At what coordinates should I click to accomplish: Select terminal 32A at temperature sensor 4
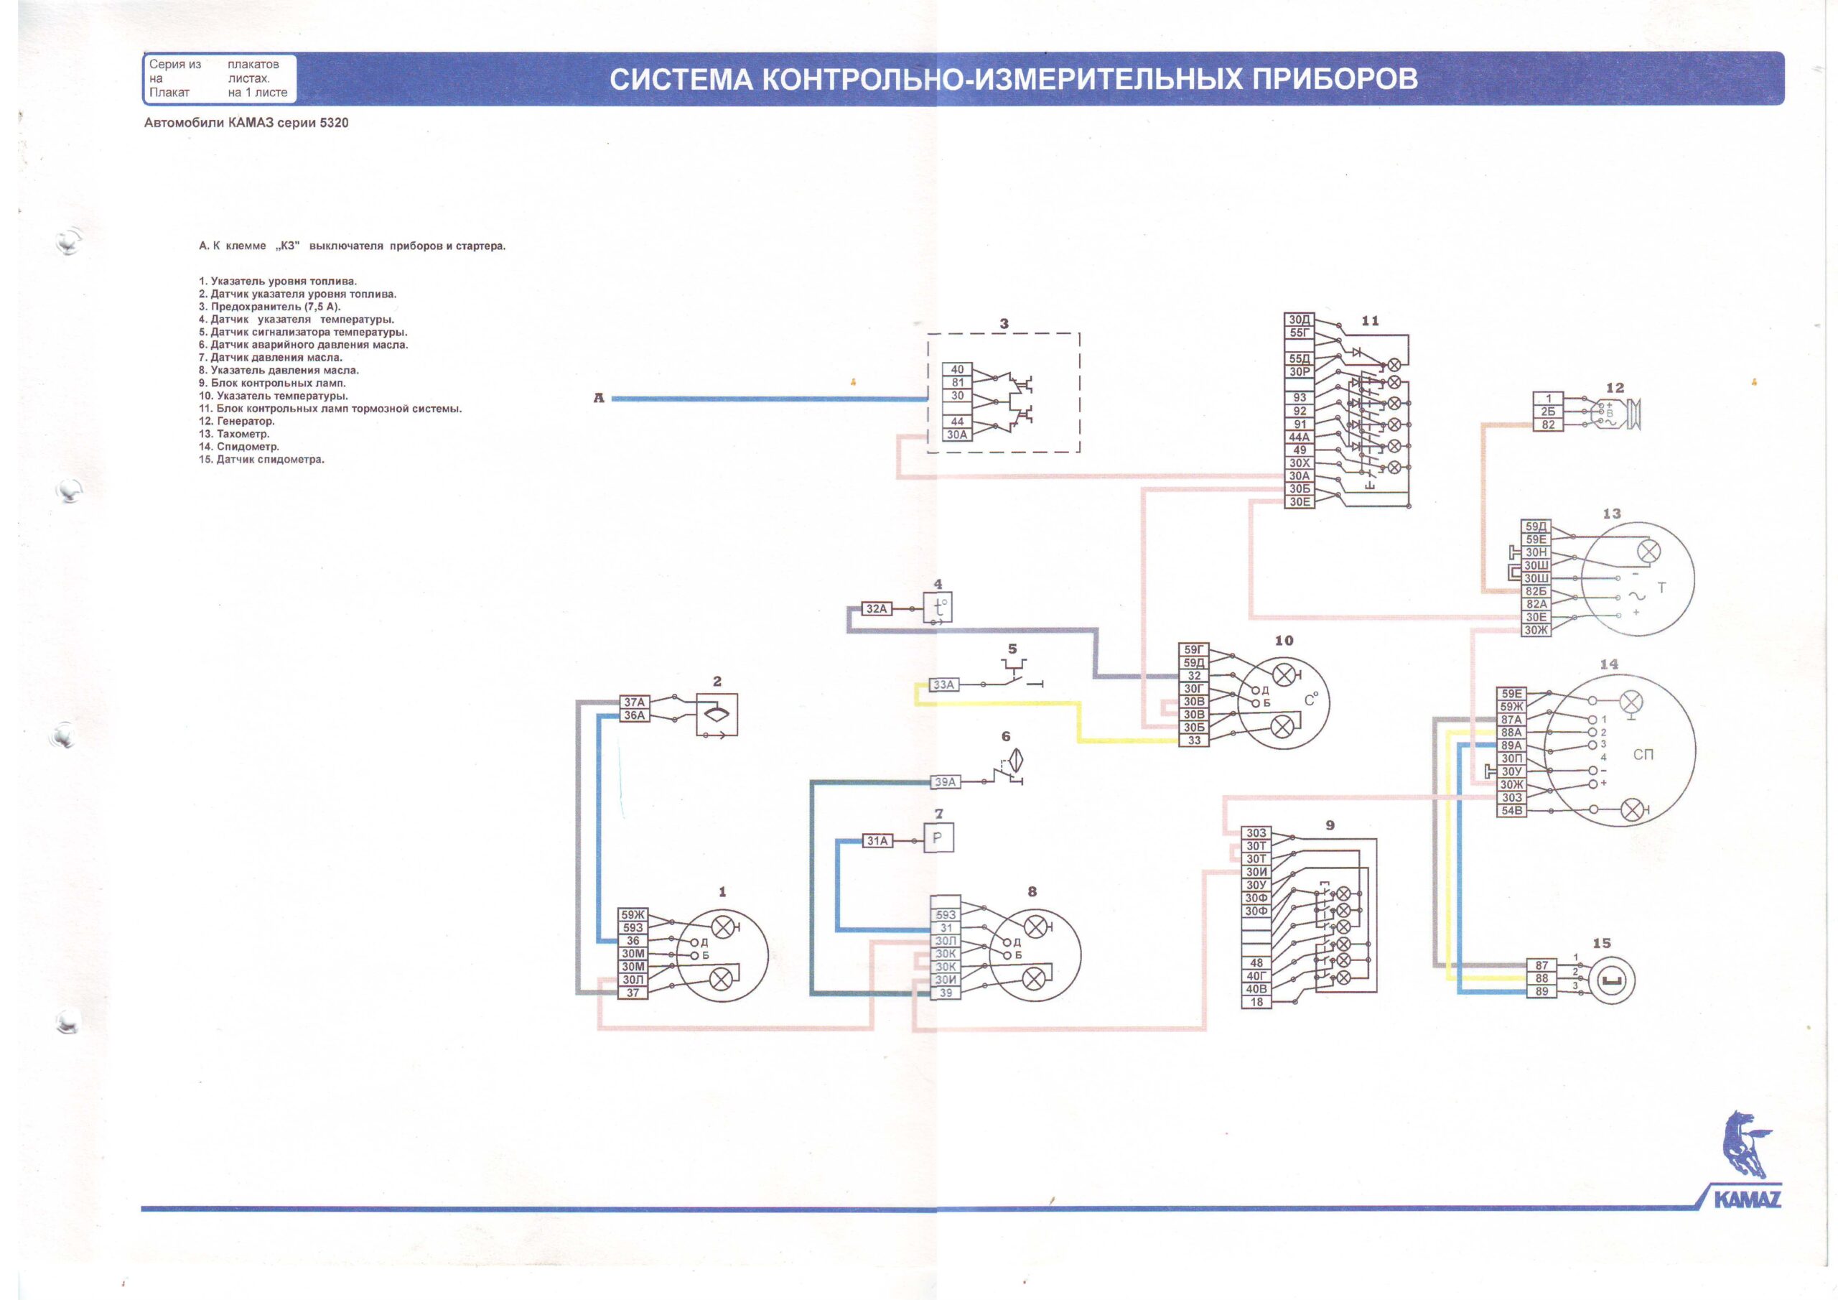point(877,609)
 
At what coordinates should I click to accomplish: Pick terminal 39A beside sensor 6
point(946,781)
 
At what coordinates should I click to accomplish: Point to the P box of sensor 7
point(938,839)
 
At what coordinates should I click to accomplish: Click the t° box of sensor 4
point(938,607)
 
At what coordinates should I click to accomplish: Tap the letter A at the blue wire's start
point(598,398)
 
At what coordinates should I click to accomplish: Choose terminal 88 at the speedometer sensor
point(1541,979)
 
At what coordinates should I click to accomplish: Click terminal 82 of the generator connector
point(1548,424)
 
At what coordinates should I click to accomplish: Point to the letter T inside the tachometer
point(1661,589)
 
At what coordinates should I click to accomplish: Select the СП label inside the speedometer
point(1643,755)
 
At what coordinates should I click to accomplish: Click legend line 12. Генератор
point(237,422)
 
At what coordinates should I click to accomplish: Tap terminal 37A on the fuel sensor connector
point(634,702)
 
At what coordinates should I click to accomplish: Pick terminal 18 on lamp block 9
point(1256,1002)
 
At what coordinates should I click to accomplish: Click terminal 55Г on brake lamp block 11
point(1300,333)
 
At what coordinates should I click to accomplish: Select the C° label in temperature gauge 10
point(1310,700)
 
